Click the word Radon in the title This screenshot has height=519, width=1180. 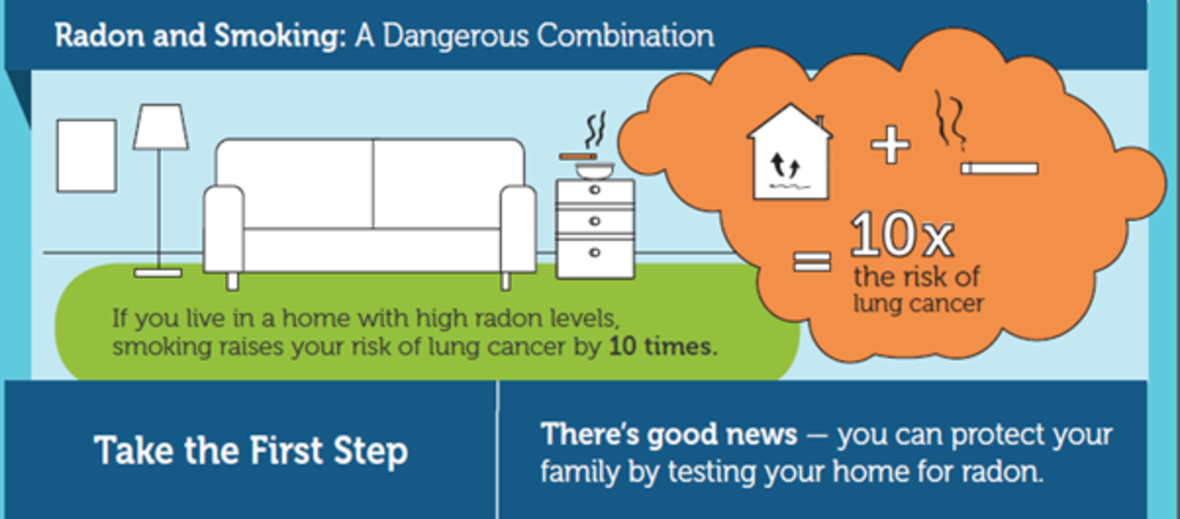(x=99, y=36)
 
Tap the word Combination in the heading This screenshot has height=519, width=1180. (x=626, y=36)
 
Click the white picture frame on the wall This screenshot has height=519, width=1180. (x=87, y=156)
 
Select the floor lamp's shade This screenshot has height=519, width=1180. (x=161, y=127)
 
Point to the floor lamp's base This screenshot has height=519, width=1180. (x=158, y=273)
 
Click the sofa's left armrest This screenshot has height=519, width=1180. (x=224, y=229)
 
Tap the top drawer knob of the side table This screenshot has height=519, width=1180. (x=595, y=190)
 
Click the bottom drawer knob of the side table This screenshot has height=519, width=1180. (x=595, y=253)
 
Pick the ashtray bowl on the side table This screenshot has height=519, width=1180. (x=595, y=171)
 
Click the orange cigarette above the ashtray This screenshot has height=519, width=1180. (x=578, y=156)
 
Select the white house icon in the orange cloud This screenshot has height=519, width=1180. (x=790, y=152)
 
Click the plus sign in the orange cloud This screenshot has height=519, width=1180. (x=890, y=145)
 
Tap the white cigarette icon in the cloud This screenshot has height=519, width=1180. (x=1000, y=169)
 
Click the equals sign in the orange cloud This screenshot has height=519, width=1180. (x=812, y=261)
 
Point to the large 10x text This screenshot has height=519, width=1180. (x=902, y=235)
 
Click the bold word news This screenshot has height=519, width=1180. (x=762, y=434)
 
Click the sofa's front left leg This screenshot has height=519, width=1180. (x=233, y=281)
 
